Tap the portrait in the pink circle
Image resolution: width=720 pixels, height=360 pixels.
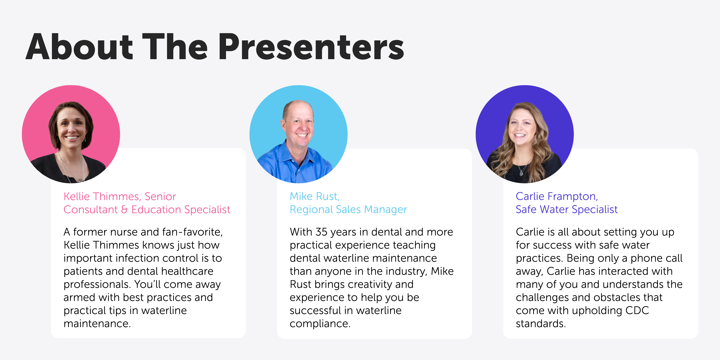71,134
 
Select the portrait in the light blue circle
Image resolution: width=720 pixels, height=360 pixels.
299,134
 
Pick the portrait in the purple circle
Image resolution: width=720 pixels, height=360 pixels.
525,134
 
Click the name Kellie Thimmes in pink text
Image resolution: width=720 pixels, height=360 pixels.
102,196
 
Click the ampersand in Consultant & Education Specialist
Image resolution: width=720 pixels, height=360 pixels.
124,210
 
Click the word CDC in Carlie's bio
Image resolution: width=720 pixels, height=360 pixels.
637,311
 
